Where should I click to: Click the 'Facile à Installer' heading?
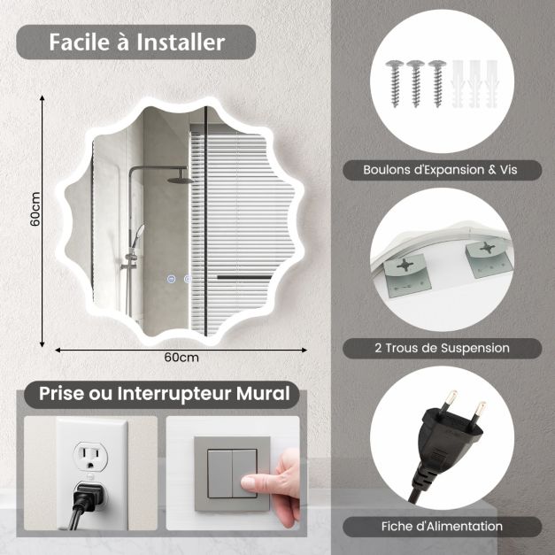[136, 42]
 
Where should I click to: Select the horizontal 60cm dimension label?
[181, 357]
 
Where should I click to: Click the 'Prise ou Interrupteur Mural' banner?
[164, 394]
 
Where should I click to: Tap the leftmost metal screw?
[396, 81]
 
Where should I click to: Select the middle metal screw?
[415, 81]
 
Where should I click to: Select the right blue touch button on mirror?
[187, 281]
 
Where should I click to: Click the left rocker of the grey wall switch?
[220, 473]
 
